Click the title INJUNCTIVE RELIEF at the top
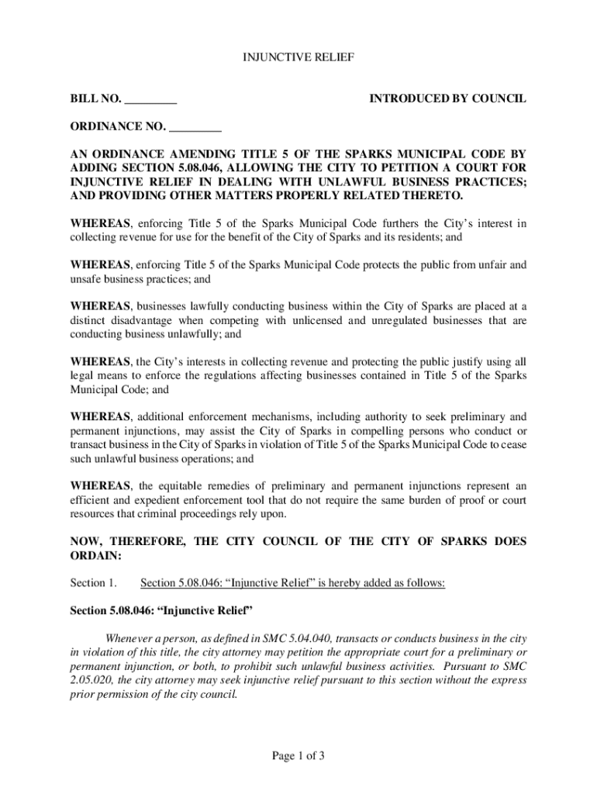298,57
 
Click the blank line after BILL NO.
150,99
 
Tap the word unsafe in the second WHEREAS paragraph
87,279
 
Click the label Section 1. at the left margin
93,583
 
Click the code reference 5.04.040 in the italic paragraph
310,638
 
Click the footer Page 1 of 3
298,755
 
